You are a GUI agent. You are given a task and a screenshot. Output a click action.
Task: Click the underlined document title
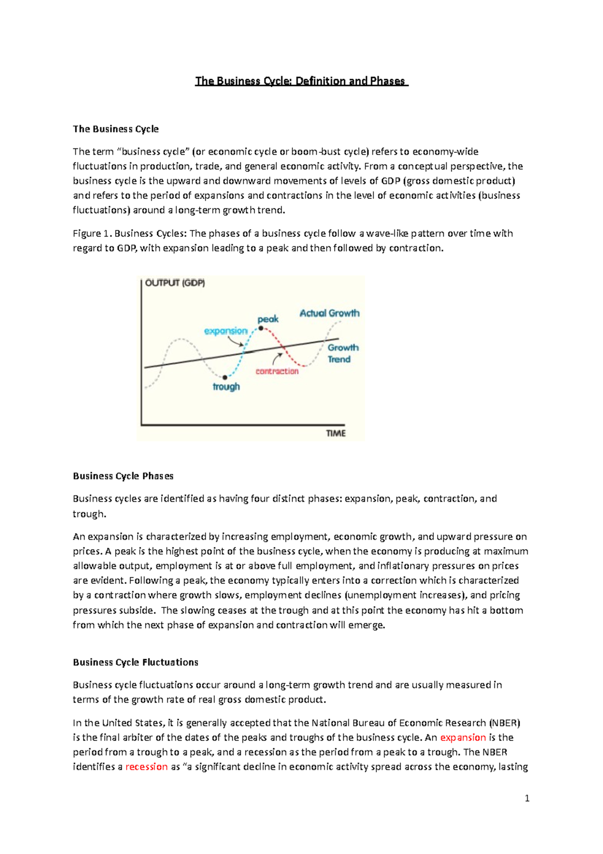click(x=301, y=81)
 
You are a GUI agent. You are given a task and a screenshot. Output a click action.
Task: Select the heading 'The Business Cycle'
click(x=116, y=129)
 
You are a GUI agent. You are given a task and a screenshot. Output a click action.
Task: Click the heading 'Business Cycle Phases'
click(x=123, y=476)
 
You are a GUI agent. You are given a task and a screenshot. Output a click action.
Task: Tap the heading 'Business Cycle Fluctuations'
click(x=136, y=662)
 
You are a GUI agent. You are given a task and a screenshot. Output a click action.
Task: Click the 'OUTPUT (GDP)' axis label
click(x=175, y=283)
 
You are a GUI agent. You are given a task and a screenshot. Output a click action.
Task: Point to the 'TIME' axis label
click(x=336, y=433)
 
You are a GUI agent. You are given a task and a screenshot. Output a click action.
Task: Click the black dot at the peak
click(x=261, y=328)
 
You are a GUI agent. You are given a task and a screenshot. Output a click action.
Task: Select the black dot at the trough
click(x=225, y=377)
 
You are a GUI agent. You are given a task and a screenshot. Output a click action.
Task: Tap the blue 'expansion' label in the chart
click(x=226, y=331)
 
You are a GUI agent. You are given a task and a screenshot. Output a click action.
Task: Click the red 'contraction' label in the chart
click(x=277, y=371)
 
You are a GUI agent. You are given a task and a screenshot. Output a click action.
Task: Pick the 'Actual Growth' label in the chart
click(x=329, y=313)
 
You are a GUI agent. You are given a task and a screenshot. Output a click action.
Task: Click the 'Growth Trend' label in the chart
click(x=343, y=353)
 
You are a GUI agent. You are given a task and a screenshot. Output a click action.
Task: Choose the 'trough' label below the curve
click(x=226, y=387)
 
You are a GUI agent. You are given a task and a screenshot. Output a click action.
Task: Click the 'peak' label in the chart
click(x=268, y=319)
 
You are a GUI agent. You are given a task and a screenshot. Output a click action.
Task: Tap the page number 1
click(x=527, y=798)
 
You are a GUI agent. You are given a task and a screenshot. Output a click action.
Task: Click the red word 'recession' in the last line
click(x=146, y=766)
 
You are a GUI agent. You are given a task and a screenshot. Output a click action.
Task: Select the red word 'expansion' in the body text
click(x=463, y=737)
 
